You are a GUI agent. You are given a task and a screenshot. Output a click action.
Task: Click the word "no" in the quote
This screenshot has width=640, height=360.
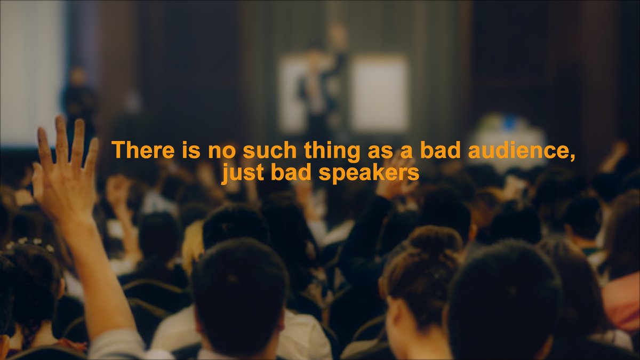tap(218, 150)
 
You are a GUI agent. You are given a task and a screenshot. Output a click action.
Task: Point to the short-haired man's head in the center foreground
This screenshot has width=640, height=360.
tap(240, 288)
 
